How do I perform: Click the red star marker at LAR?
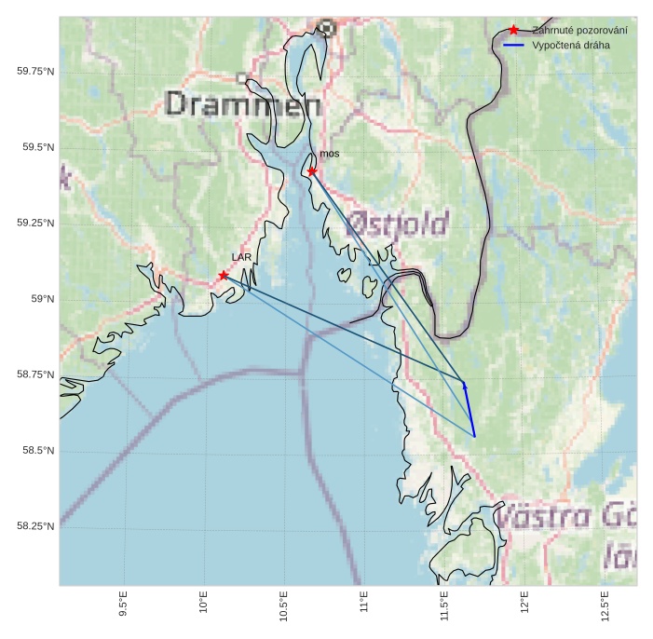pos(224,275)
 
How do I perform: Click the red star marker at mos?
pos(312,171)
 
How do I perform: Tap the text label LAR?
pos(241,256)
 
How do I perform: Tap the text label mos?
pos(330,153)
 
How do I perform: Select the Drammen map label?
pos(243,103)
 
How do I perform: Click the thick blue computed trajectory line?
pos(469,410)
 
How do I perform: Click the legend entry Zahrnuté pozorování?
pos(579,31)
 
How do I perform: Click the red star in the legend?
pos(513,31)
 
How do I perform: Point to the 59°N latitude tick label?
pos(43,299)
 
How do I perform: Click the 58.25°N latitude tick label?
pos(35,526)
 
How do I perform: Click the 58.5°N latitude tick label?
pos(38,451)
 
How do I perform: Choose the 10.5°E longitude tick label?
pos(284,606)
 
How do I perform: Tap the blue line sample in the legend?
pos(513,45)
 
